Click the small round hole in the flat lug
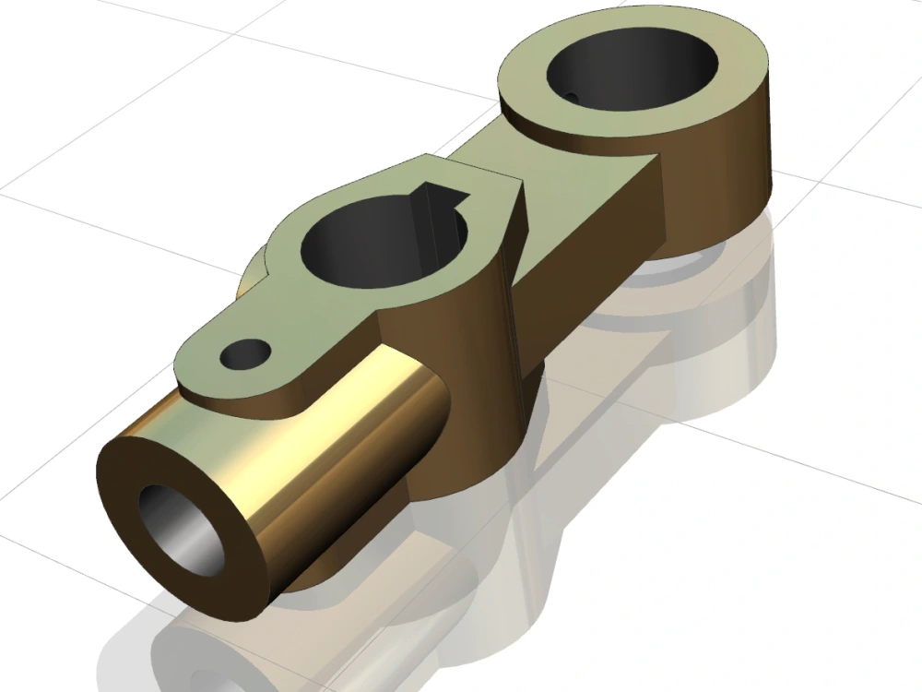[246, 352]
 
